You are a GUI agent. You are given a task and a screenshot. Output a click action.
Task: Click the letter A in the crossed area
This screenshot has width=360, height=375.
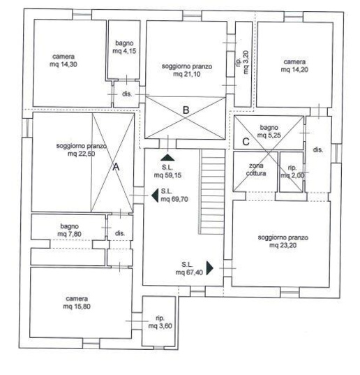[116, 167]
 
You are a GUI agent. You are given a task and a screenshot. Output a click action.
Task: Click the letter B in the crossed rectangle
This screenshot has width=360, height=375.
[186, 110]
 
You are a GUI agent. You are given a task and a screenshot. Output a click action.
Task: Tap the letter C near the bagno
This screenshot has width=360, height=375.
[246, 142]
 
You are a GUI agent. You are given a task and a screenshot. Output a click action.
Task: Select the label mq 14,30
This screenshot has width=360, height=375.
[63, 64]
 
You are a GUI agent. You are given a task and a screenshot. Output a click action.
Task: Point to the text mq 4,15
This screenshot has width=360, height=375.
[124, 51]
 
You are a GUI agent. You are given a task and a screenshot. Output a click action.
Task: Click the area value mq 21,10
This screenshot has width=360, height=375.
[187, 74]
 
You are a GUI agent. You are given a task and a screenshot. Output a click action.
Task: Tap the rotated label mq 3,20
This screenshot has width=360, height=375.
[246, 62]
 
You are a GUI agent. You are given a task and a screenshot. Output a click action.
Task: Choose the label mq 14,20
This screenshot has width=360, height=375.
[294, 70]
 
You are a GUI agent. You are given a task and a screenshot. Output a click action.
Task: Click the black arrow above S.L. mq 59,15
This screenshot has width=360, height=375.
[167, 157]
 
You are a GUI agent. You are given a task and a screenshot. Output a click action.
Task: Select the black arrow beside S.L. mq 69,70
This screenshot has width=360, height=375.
[155, 196]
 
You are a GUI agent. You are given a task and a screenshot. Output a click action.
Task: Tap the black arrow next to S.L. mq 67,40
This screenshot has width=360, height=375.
[210, 268]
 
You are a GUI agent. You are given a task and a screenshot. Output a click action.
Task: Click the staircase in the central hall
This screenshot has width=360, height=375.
[212, 191]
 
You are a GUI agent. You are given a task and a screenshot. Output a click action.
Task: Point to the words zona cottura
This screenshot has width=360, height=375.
[256, 169]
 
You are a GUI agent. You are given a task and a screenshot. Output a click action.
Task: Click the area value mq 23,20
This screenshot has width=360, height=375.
[283, 245]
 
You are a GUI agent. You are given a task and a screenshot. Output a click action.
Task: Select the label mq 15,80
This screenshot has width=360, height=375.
[77, 307]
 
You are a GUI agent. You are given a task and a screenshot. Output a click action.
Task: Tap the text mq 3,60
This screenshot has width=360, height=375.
[160, 325]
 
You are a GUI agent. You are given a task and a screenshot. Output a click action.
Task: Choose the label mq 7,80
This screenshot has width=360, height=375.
[69, 234]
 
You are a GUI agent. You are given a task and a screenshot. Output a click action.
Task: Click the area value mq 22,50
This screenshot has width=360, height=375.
[81, 154]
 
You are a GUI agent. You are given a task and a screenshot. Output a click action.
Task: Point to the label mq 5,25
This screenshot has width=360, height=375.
[269, 135]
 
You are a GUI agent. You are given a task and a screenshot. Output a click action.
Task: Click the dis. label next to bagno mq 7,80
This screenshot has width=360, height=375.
[120, 233]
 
